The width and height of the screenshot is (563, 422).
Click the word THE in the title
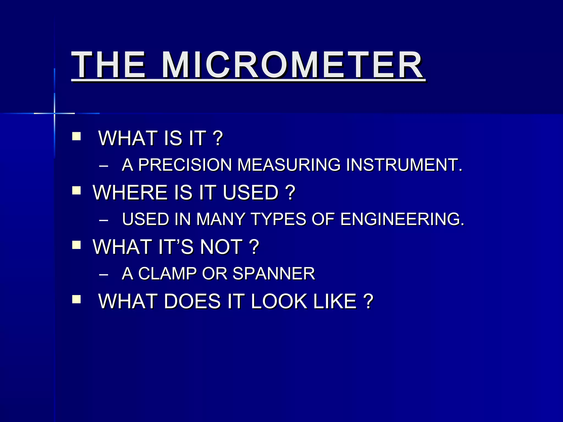tap(109, 65)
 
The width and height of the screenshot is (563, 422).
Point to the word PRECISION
tap(185, 165)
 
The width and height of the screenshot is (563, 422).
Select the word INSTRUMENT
tap(404, 165)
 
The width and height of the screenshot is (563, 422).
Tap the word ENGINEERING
tap(402, 219)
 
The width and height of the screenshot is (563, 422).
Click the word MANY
tap(220, 219)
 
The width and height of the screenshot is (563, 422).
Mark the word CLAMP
tap(167, 273)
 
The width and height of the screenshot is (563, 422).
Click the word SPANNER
tap(274, 273)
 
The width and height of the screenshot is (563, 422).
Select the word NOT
tap(221, 246)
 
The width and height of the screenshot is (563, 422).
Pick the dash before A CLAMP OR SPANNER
tap(103, 274)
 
